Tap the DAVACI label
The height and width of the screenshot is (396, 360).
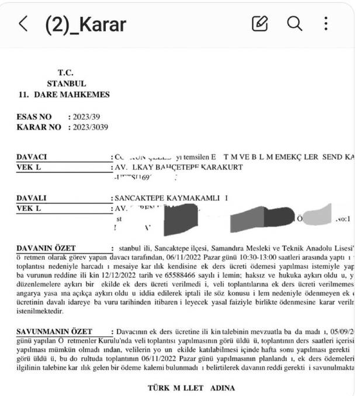pos(33,157)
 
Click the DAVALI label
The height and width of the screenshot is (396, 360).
pos(33,197)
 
